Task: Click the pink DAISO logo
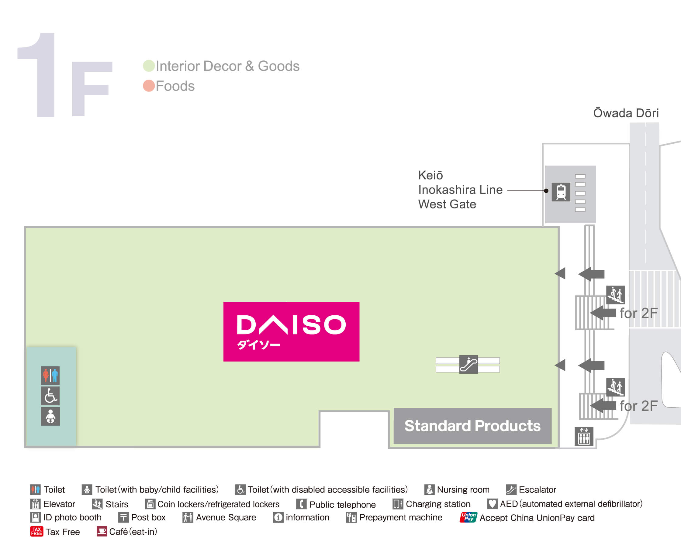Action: click(x=291, y=331)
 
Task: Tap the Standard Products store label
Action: click(x=472, y=426)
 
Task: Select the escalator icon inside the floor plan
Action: click(x=468, y=365)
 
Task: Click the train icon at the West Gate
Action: click(x=561, y=192)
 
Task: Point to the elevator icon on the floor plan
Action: click(x=584, y=436)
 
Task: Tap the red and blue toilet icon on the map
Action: click(x=50, y=375)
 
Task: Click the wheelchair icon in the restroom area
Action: click(x=50, y=396)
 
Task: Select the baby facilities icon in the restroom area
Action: click(x=50, y=416)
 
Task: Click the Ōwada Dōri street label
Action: click(x=626, y=113)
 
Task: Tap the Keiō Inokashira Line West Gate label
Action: click(x=460, y=190)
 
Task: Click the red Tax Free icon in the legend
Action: click(x=36, y=531)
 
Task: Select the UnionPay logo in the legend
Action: click(x=468, y=517)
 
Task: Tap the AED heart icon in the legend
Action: click(x=492, y=504)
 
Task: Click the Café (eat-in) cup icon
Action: click(x=102, y=531)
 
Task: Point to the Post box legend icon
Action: click(x=123, y=517)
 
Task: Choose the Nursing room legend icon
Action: click(x=429, y=489)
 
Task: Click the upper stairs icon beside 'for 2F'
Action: click(x=615, y=295)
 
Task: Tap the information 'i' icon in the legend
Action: click(x=278, y=517)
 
